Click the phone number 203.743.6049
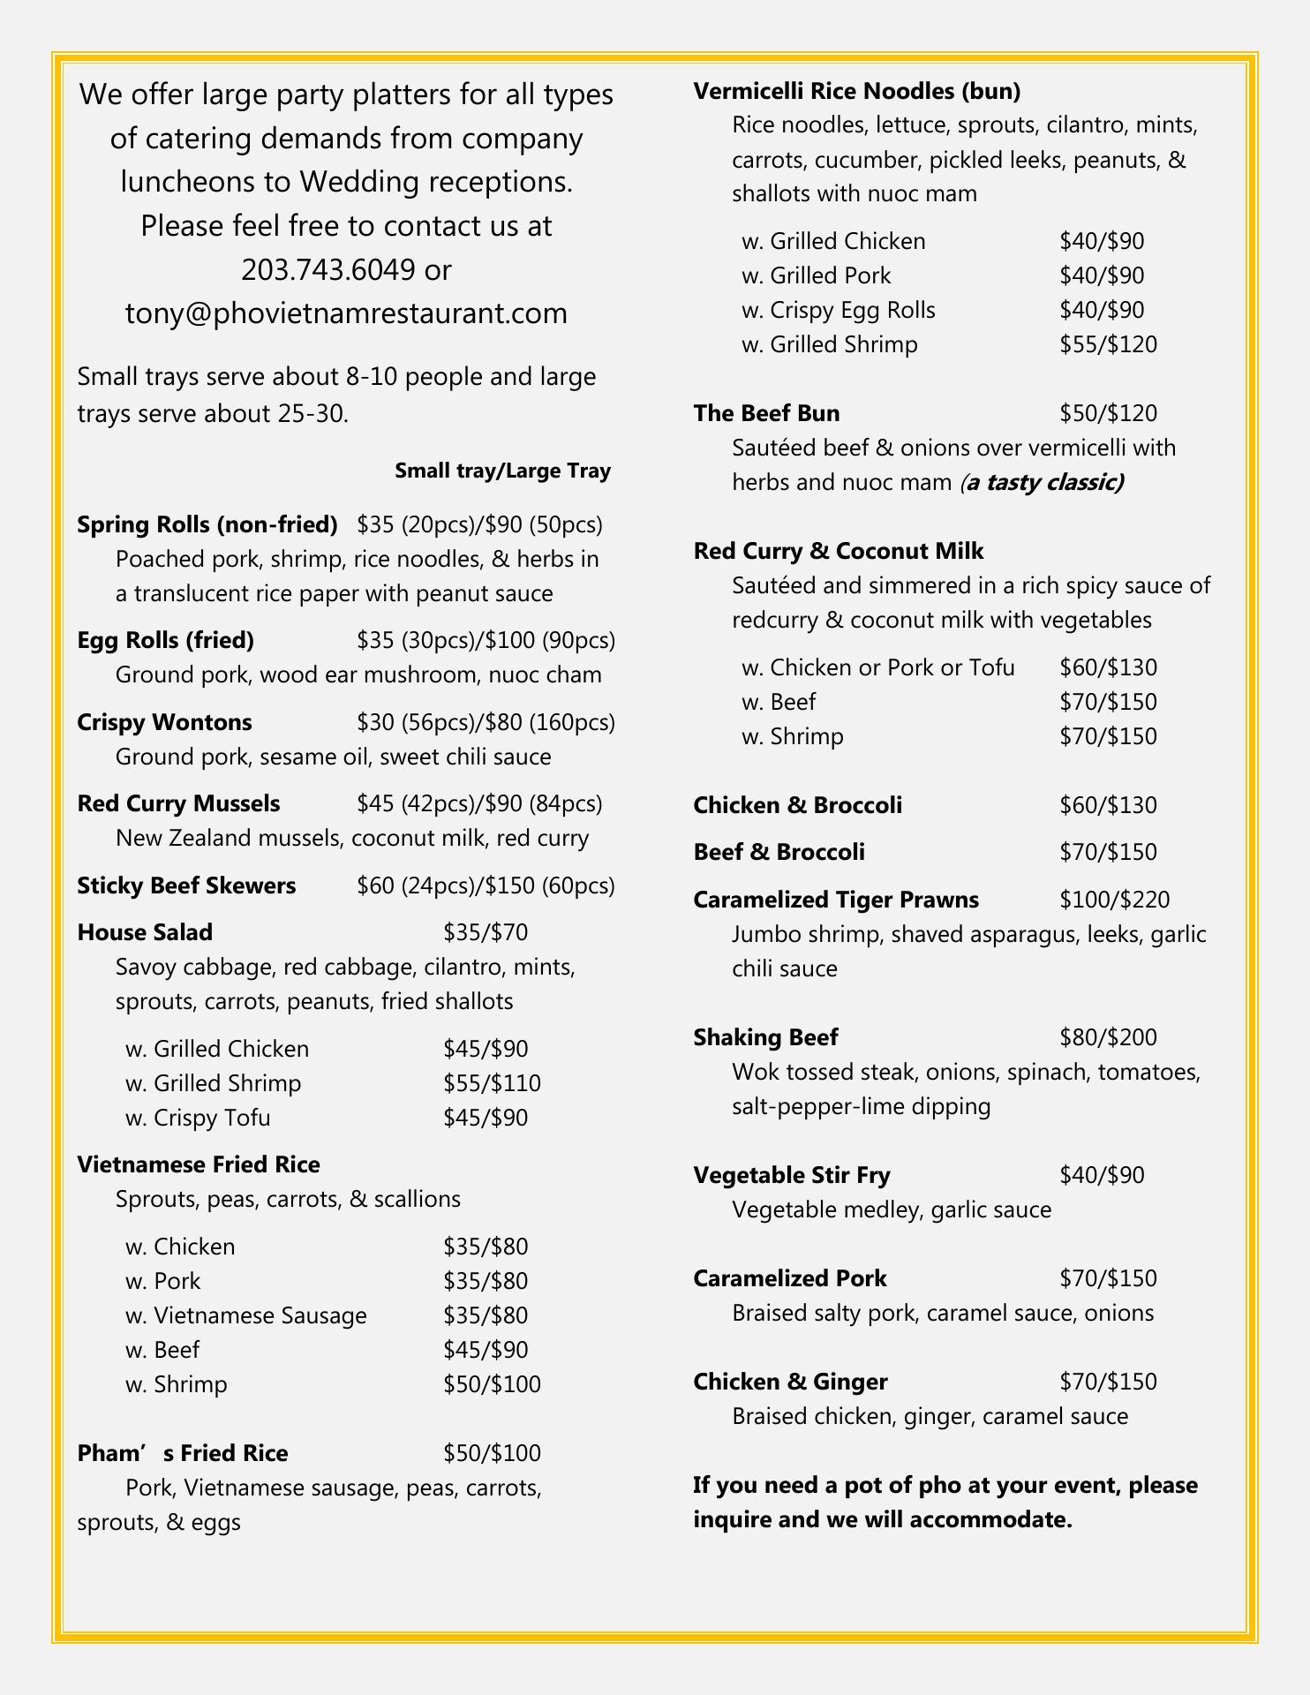pos(327,269)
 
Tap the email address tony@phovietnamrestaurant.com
pos(346,313)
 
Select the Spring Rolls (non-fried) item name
pos(207,524)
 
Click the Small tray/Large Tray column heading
pos(502,471)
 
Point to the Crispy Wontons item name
pos(164,722)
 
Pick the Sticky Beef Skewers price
pos(486,885)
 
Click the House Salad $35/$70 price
pos(486,932)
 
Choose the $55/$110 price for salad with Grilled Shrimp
pos(492,1083)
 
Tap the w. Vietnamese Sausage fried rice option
pos(245,1315)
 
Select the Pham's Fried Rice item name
pos(183,1453)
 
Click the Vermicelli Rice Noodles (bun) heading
pos(856,91)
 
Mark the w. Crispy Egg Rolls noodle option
pos(839,310)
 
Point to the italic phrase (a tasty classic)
pos(1042,482)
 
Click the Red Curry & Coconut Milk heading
pos(839,551)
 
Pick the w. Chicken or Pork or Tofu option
pos(878,667)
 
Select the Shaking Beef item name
pos(765,1037)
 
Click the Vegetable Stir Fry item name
pos(791,1175)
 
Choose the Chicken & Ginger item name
pos(790,1382)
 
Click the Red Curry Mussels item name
pos(178,803)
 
